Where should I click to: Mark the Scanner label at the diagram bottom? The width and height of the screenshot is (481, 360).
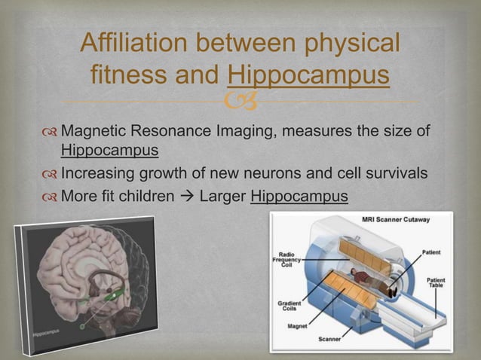coord(329,339)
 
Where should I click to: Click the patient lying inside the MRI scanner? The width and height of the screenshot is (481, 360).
coord(375,282)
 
